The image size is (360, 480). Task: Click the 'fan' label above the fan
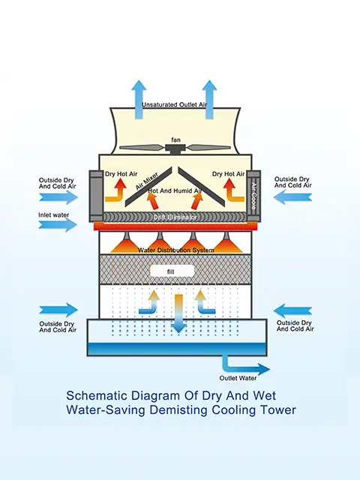175,140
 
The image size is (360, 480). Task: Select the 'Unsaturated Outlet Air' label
174,105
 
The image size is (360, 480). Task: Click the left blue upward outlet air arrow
139,100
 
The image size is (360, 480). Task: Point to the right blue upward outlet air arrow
209,100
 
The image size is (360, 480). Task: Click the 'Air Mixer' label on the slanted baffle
147,181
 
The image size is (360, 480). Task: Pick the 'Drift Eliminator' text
175,217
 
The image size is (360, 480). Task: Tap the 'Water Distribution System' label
175,250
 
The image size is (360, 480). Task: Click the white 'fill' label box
172,271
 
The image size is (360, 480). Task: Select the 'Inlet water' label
53,215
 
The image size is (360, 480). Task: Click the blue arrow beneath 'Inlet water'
58,225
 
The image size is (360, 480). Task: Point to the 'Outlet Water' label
238,378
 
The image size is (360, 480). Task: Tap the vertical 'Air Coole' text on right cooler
253,196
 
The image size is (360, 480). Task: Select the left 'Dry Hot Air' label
121,174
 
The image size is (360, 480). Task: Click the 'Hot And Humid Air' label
175,190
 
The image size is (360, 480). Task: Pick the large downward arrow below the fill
178,313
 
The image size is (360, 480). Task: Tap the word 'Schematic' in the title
97,395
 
